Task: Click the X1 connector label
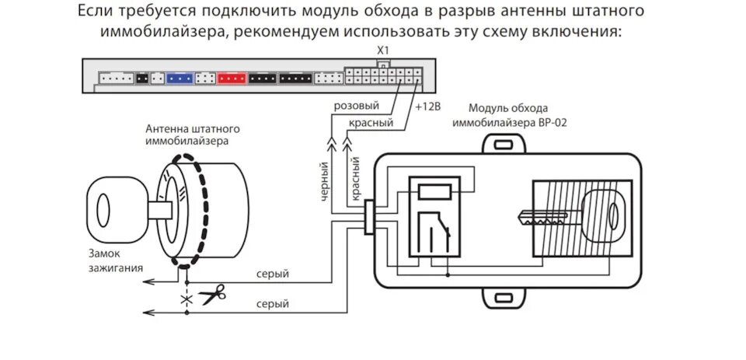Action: point(382,51)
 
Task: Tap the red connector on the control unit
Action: point(232,77)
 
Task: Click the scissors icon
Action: point(211,295)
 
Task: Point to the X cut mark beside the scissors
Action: point(186,298)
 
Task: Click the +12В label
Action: point(427,106)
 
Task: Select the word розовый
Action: point(356,106)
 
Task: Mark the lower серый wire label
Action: point(272,304)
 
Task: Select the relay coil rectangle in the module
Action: point(432,191)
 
